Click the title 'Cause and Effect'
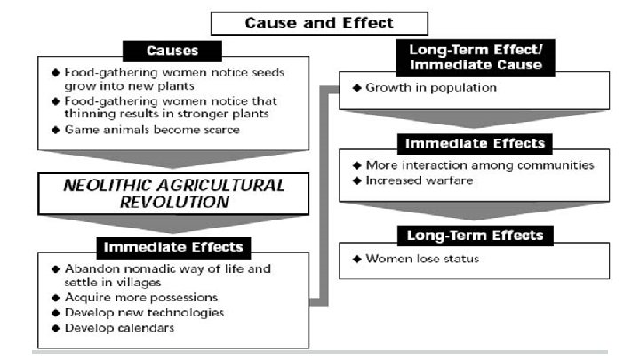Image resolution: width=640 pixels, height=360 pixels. click(x=319, y=23)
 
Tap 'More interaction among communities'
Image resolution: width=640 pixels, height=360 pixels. click(x=480, y=165)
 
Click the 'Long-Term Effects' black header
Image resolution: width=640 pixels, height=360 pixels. click(x=475, y=236)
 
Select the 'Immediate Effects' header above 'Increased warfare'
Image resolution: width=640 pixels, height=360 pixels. click(x=475, y=143)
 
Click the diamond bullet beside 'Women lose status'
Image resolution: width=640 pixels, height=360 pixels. click(x=355, y=259)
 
